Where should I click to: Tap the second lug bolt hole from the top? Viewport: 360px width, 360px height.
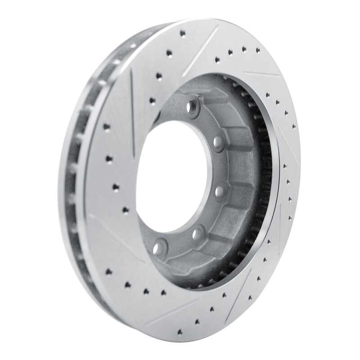point(219,143)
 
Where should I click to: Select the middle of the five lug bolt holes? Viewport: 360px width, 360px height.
point(220,191)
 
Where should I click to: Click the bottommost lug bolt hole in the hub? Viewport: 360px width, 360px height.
point(159,248)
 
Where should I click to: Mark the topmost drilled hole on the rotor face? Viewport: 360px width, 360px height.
point(182,33)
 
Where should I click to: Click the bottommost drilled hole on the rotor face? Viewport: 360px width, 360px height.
point(180,332)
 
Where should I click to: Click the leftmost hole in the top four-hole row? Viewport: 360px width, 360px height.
point(217,59)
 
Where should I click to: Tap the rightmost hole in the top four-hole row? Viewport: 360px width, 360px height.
point(258,50)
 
